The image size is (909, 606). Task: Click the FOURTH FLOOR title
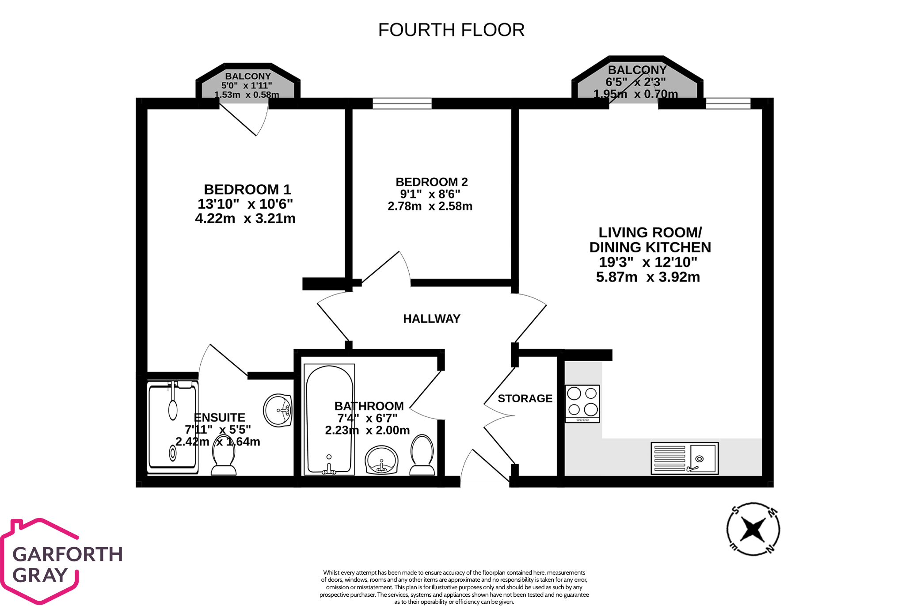coord(451,30)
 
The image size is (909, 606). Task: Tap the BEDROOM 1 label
coord(247,190)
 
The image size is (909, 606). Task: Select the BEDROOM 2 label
coord(431,182)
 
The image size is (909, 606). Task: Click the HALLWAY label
coord(432,319)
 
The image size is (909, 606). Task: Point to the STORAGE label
coord(525,399)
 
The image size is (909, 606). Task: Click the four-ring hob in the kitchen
coord(582,404)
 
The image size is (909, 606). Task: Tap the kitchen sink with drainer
coord(685,458)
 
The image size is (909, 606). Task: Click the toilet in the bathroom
coord(422,455)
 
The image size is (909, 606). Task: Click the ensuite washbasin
coord(278,410)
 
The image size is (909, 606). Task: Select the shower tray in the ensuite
coord(172,427)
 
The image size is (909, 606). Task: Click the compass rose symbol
coord(753,529)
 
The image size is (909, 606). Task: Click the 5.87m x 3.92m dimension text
coord(648,277)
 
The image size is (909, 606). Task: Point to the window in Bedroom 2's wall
coord(402,103)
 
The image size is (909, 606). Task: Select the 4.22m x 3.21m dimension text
coord(245,218)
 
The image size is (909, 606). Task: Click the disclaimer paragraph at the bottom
coord(454,587)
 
